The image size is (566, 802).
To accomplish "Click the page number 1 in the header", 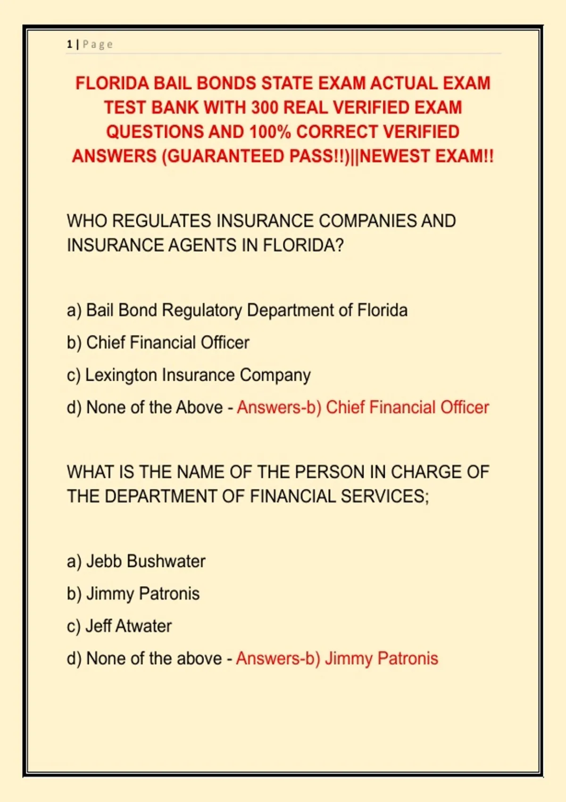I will (x=69, y=44).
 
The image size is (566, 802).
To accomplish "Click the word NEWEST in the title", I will (x=395, y=156).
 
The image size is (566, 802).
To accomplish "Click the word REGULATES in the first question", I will (x=163, y=221).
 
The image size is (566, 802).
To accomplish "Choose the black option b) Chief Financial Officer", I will (x=158, y=343).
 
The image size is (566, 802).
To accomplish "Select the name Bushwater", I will (x=166, y=561).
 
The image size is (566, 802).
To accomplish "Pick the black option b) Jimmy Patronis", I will (x=133, y=593).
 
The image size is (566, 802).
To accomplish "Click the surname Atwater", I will (x=143, y=626).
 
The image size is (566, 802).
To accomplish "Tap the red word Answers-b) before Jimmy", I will (x=278, y=659).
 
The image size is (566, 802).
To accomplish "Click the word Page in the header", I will (x=98, y=44).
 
